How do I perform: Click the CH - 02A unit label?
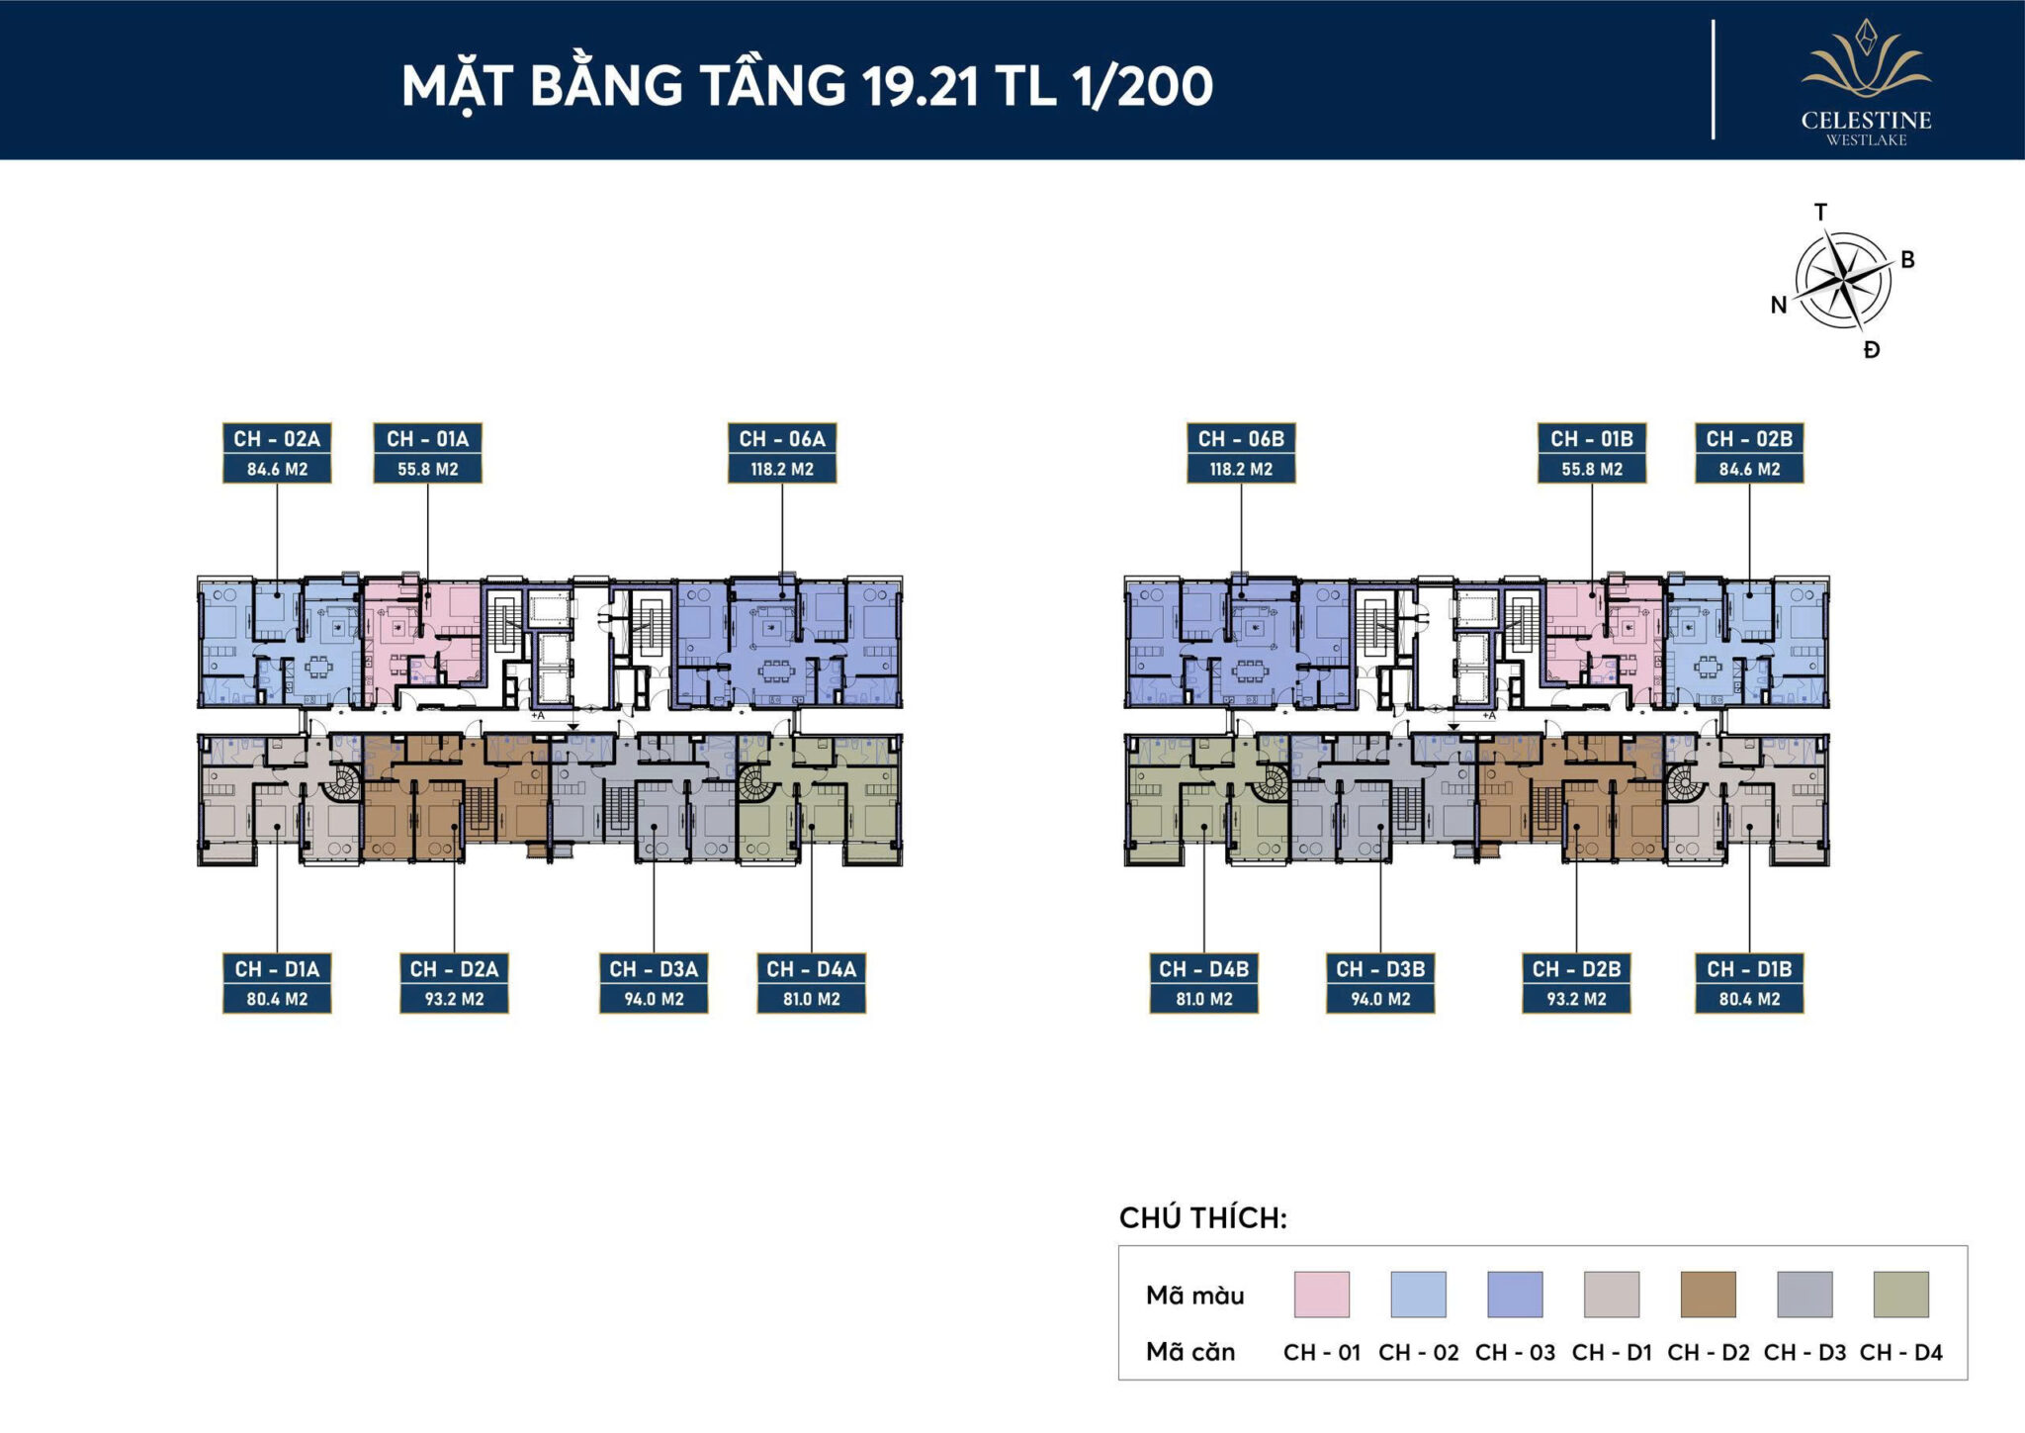pos(277,439)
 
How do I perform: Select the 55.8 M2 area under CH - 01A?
pos(427,469)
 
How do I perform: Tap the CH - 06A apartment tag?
pos(781,439)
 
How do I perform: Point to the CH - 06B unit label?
pos(1241,439)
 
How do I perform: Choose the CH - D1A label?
pos(277,969)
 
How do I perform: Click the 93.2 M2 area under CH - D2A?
pos(454,999)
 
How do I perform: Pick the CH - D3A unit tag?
pos(654,969)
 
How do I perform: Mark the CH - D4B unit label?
pos(1203,969)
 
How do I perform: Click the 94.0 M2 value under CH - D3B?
pos(1380,999)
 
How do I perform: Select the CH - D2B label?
pos(1576,969)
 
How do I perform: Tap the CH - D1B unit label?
pos(1749,969)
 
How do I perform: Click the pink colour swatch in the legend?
pos(1321,1294)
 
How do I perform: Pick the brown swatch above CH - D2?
pos(1708,1294)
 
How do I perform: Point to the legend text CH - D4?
pos(1900,1352)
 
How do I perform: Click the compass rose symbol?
pos(1842,281)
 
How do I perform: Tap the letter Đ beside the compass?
pos(1871,349)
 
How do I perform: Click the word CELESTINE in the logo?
pos(1866,121)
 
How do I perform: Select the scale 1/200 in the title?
pos(1142,86)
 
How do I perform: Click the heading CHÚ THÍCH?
pos(1202,1217)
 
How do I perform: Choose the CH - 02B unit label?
pos(1749,439)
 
